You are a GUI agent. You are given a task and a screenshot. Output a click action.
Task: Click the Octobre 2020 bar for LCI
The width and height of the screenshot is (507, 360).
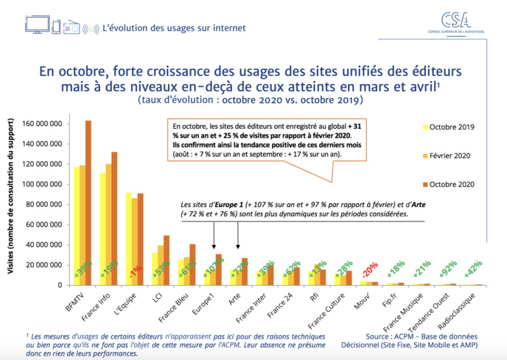coord(166,261)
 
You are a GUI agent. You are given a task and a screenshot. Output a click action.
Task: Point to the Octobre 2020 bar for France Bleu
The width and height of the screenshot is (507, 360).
coord(192,264)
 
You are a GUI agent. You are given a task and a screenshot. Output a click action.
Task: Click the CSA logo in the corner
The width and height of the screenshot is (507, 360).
coord(458,23)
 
